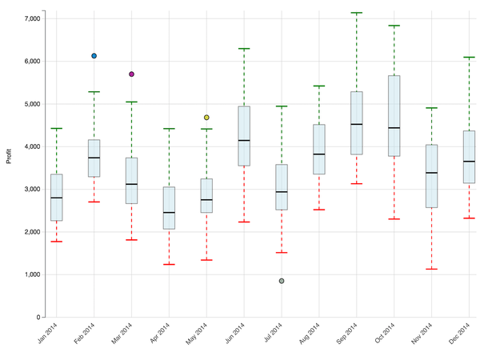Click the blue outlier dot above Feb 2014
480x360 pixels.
click(x=94, y=56)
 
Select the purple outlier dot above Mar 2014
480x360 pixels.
click(x=131, y=74)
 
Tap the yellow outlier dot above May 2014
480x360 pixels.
click(x=206, y=118)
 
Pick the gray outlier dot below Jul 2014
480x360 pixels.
click(x=282, y=281)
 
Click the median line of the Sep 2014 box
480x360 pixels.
click(x=357, y=124)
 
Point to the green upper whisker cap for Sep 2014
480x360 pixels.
click(x=357, y=13)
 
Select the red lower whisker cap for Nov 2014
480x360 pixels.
click(x=432, y=269)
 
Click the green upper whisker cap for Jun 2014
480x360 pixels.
click(x=244, y=49)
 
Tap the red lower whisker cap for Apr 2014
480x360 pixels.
click(x=169, y=264)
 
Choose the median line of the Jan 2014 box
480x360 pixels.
click(x=57, y=198)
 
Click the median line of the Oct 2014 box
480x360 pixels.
click(x=394, y=128)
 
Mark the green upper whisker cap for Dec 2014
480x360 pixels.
click(x=470, y=58)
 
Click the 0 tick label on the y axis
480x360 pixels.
click(x=38, y=318)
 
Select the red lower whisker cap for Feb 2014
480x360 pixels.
click(x=94, y=202)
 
